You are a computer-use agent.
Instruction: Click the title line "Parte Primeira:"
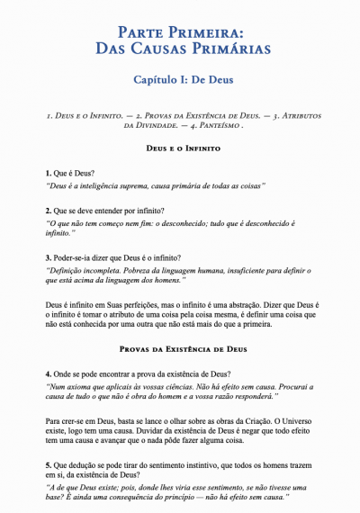click(179, 32)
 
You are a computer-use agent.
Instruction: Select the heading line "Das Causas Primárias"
click(179, 49)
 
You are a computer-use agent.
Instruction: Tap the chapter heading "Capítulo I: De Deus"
click(179, 80)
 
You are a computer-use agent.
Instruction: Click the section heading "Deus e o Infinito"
click(179, 147)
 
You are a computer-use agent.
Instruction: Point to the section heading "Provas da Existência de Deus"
click(179, 347)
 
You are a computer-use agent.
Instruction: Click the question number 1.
click(48, 171)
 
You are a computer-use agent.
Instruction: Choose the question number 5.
click(48, 464)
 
